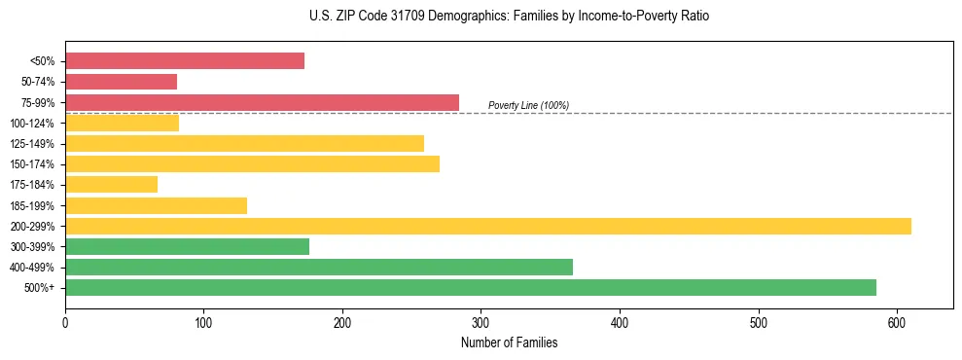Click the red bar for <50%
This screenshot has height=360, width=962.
pos(185,61)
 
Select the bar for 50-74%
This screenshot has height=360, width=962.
pos(121,82)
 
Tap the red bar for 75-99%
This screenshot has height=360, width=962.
pos(262,102)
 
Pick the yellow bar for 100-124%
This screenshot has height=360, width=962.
pos(122,123)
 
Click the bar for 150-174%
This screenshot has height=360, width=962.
pos(252,163)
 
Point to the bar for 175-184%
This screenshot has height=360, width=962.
pos(111,185)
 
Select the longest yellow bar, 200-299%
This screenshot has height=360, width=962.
pos(487,226)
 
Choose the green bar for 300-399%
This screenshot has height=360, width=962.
pos(187,246)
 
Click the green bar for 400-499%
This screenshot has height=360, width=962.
pos(318,267)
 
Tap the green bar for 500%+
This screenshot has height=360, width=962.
pos(470,287)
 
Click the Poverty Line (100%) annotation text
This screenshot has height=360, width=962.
pos(528,105)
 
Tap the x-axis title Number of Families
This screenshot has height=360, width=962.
pos(509,342)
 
